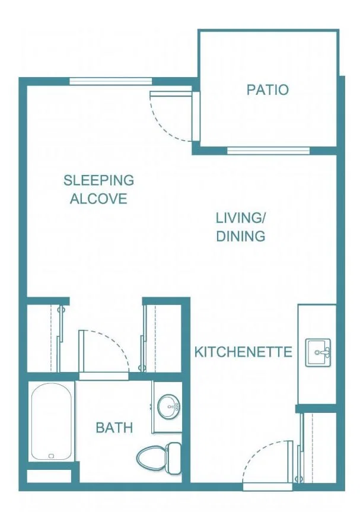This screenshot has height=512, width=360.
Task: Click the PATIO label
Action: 267,90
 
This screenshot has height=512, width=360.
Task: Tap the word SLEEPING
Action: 98,180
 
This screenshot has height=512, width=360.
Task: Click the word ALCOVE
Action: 98,199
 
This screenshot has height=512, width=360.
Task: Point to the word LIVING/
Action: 241,218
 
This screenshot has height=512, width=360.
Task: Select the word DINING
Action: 241,236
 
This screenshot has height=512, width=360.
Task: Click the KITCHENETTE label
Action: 243,352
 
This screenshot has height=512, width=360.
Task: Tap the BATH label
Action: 114,427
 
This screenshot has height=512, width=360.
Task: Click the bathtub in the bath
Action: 51,422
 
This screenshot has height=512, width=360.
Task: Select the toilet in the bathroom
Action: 159,458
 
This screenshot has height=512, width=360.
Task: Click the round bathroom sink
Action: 168,406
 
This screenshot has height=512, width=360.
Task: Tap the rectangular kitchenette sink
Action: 318,352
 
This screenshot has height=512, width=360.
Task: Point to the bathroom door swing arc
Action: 112,345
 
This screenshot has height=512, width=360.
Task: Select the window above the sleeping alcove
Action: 111,81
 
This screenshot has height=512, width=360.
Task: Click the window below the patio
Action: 268,151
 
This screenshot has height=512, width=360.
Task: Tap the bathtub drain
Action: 51,456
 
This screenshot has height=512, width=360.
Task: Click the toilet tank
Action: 173,458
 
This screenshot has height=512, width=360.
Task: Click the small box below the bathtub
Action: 49,476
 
